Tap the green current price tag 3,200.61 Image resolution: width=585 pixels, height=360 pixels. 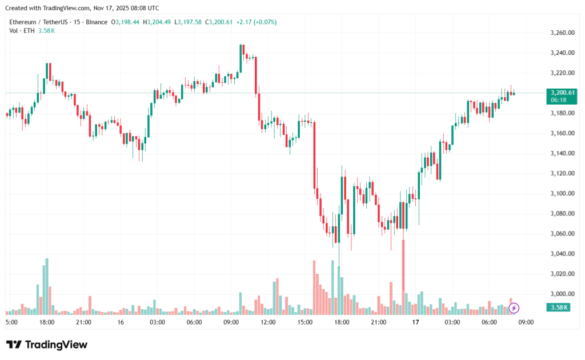click(x=562, y=93)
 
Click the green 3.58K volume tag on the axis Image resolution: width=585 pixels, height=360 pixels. click(x=557, y=307)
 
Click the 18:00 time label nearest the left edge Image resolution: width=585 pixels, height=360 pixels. click(x=47, y=322)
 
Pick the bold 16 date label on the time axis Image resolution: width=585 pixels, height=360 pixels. click(x=121, y=322)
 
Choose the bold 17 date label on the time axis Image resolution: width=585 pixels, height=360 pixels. click(x=415, y=322)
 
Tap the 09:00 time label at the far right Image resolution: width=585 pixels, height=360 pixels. click(x=526, y=322)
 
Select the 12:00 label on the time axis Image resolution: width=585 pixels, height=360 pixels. click(x=268, y=322)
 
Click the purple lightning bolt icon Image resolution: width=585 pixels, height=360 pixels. click(x=514, y=309)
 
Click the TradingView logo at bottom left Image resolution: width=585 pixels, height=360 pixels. click(x=47, y=345)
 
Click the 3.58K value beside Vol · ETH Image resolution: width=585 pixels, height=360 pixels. click(x=46, y=30)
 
